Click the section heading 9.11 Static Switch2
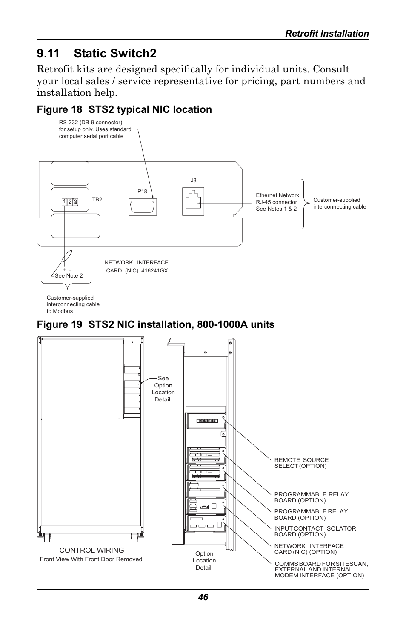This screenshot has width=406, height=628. (97, 53)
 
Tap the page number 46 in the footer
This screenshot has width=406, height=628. (203, 597)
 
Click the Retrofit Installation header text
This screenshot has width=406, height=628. (327, 34)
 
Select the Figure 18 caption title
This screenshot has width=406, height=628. (124, 109)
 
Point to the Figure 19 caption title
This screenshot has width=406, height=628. (155, 325)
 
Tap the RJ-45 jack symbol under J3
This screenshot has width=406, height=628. (193, 202)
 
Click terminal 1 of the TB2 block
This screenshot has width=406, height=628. (64, 202)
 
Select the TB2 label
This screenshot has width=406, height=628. (97, 199)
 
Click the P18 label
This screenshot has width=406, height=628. (142, 192)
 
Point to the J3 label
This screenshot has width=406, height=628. (194, 181)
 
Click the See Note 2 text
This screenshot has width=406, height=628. (69, 276)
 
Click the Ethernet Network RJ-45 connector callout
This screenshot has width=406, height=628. (277, 202)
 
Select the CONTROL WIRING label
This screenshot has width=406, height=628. (91, 550)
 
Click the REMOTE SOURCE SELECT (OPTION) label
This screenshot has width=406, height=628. (301, 463)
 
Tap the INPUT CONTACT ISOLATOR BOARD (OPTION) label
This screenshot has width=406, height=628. (315, 531)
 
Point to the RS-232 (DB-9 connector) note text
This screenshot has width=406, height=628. (95, 129)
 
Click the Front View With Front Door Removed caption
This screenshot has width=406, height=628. (91, 559)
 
